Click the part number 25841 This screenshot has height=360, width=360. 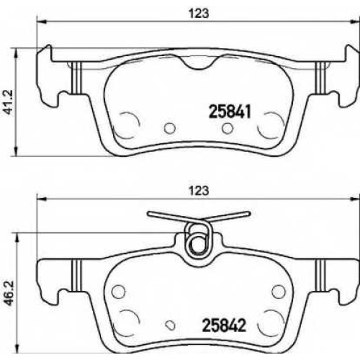click(x=230, y=112)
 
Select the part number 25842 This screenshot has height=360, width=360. click(x=225, y=325)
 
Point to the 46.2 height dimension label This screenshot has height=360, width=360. click(x=10, y=294)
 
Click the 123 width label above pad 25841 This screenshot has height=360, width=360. click(x=199, y=14)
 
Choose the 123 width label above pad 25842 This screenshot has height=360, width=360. click(x=199, y=191)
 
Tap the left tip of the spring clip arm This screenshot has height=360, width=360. click(x=149, y=213)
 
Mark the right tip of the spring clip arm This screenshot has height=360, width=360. click(x=249, y=213)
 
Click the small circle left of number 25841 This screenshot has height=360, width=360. click(x=170, y=128)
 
